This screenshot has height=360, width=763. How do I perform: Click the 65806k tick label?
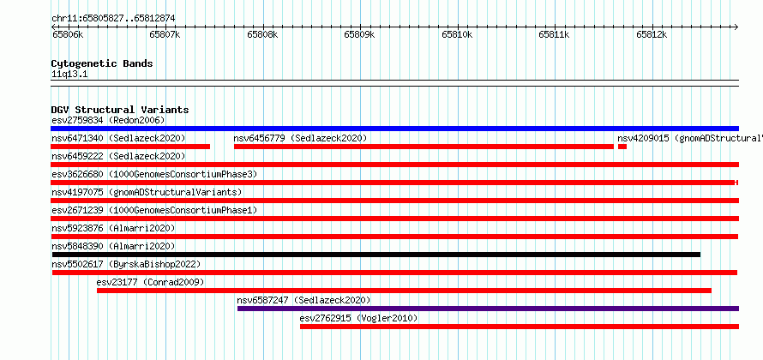tap(68, 34)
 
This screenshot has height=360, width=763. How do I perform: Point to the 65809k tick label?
tap(359, 34)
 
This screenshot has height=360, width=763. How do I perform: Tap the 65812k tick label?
tap(652, 34)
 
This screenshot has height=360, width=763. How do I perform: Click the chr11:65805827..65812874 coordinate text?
tap(113, 19)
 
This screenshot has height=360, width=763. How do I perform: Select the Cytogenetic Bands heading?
tap(102, 63)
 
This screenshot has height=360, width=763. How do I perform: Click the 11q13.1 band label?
tap(69, 75)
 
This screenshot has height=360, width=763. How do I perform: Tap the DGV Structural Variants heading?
tap(120, 110)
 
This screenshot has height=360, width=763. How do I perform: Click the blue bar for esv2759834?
tap(394, 129)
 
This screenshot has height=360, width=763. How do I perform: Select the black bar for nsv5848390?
tap(376, 255)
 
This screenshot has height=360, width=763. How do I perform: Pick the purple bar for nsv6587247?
tap(488, 309)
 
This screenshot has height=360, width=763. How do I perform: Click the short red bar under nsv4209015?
tap(622, 147)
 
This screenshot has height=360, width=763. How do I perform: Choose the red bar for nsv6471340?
tap(130, 147)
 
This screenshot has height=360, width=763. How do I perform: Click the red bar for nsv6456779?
tap(424, 147)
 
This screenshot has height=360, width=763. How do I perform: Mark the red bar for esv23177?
tap(404, 291)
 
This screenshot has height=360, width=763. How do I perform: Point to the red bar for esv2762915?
tap(520, 327)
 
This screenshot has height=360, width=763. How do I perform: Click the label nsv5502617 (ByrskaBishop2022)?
tap(126, 264)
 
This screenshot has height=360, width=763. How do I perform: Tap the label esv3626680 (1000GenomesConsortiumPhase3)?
tap(154, 174)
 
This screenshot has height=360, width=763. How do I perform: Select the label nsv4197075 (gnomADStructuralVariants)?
tap(147, 192)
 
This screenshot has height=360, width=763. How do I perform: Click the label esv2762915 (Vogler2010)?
tap(358, 318)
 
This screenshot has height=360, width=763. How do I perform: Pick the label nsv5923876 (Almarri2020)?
tap(113, 228)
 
